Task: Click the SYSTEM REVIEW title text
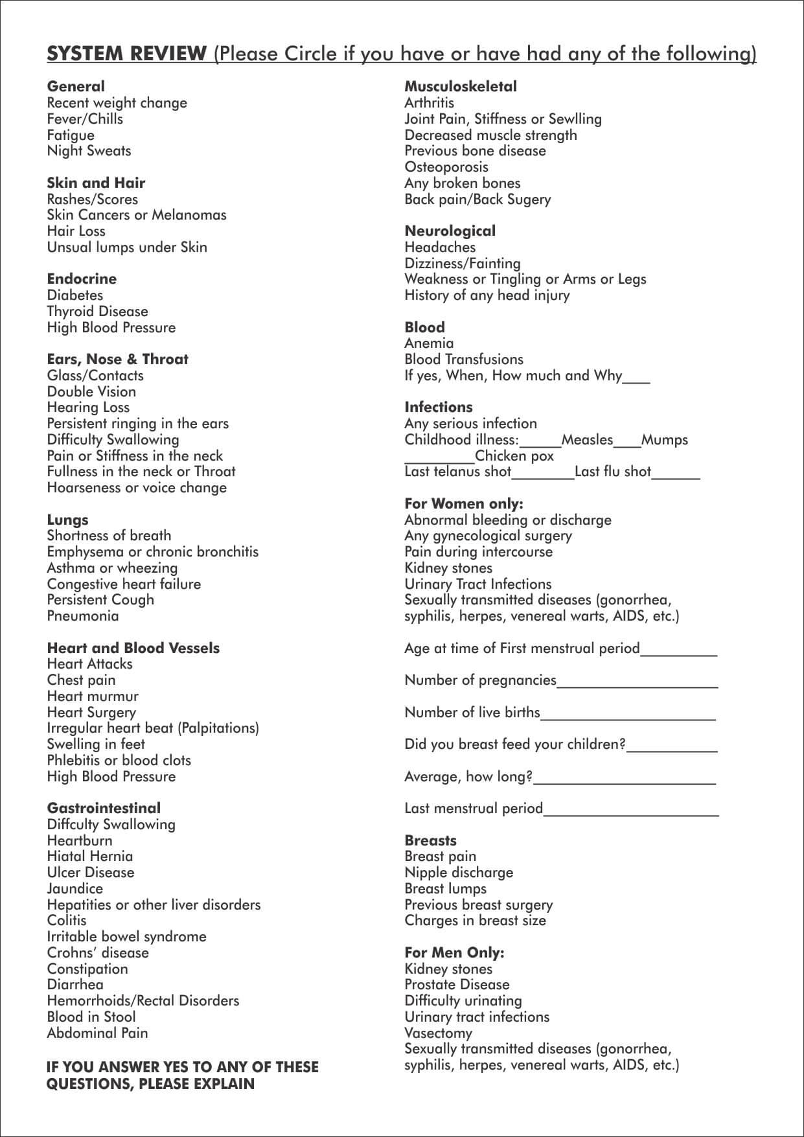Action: pos(126,54)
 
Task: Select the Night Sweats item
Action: pos(89,151)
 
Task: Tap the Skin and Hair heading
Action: pos(96,183)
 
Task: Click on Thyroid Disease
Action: pos(97,312)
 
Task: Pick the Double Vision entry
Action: pos(91,392)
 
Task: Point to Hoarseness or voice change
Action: pos(137,488)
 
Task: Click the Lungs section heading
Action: pos(67,520)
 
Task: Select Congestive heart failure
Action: pos(124,584)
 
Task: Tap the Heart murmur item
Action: pos(93,696)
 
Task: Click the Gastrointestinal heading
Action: pos(104,808)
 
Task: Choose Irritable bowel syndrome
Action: pos(126,937)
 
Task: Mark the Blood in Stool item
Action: pos(91,1017)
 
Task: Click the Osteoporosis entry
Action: pos(446,167)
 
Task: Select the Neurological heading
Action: pos(450,231)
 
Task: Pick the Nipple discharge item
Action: pos(459,873)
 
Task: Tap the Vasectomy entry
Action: pos(438,1033)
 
